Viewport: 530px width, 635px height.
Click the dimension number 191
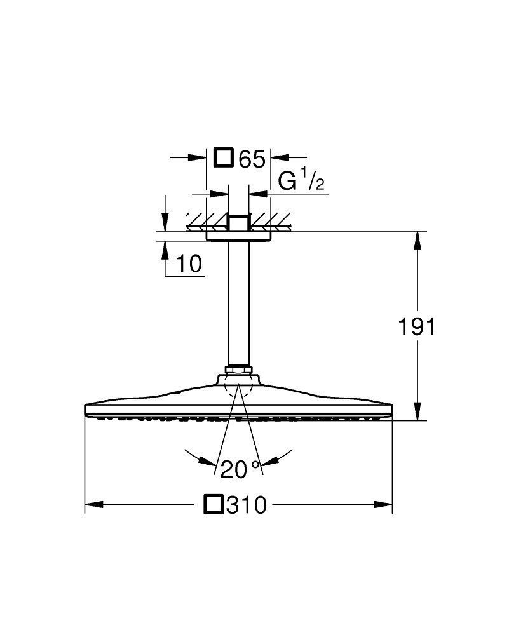pos(417,327)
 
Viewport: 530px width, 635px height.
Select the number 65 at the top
pos(251,158)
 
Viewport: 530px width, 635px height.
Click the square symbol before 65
pos(224,157)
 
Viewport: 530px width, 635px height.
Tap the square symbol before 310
pos(214,505)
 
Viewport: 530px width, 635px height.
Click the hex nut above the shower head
pos(238,370)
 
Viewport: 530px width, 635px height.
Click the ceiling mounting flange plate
pos(238,236)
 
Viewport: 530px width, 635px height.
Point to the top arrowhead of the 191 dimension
pos(418,239)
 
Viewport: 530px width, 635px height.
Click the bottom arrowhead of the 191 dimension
pos(418,413)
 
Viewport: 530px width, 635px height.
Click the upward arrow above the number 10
pos(165,249)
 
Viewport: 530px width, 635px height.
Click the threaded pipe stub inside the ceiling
pos(238,223)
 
